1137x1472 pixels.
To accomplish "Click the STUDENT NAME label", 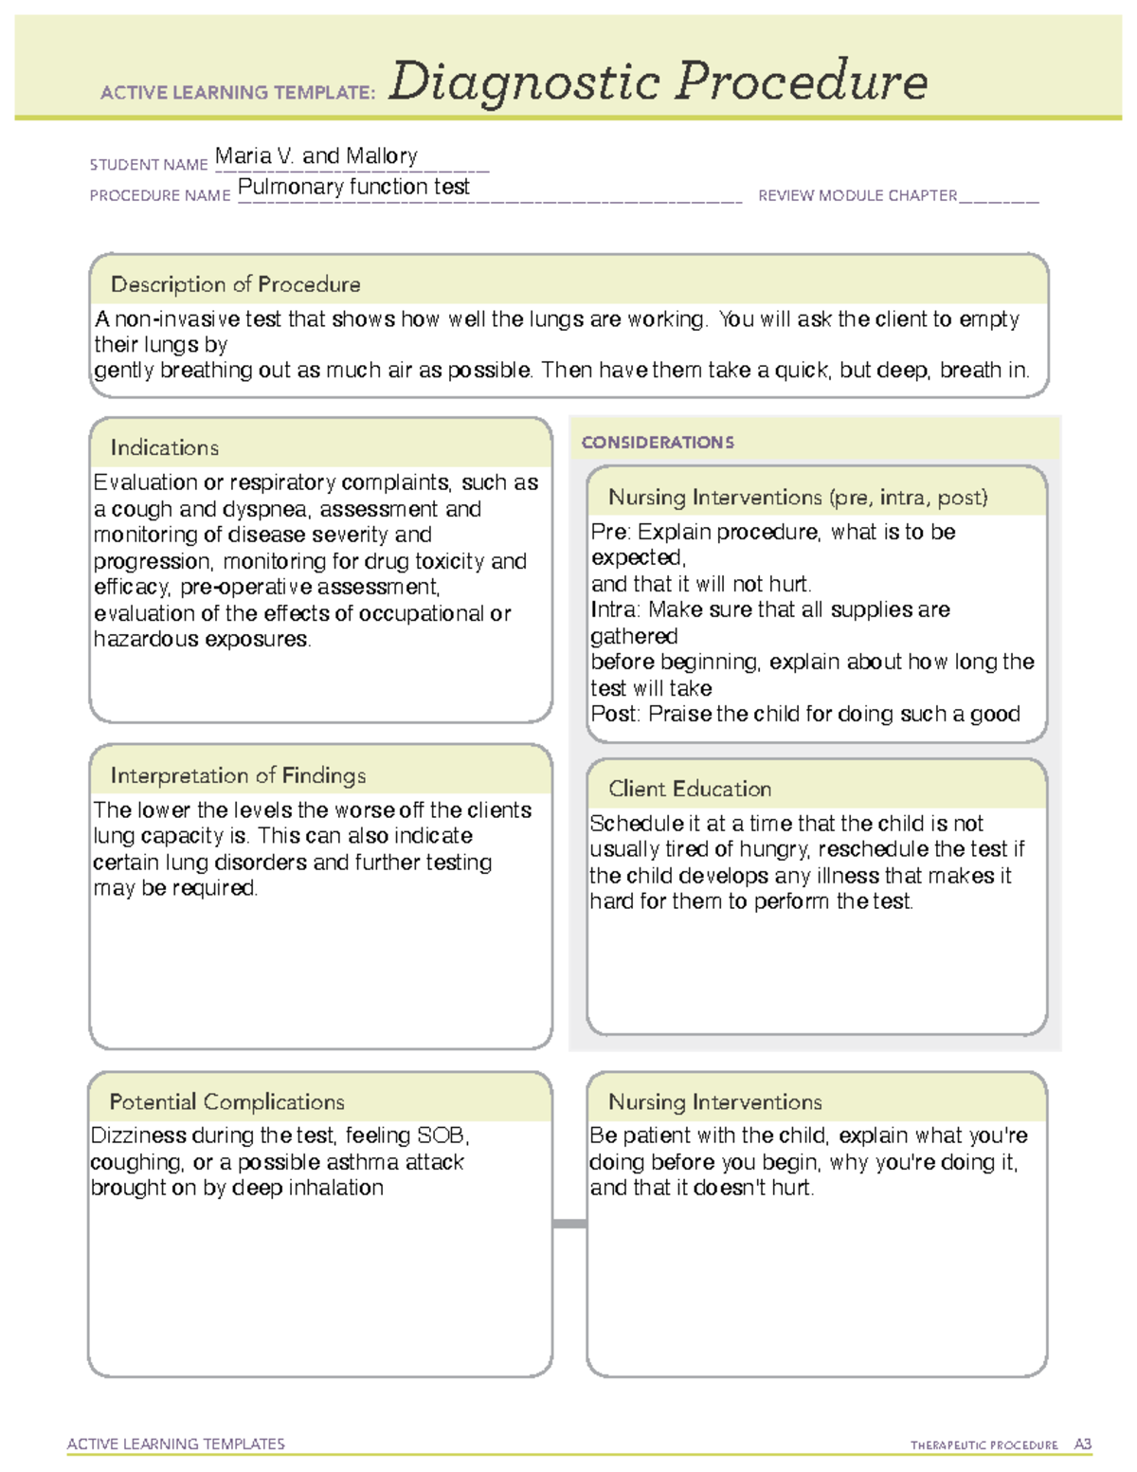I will tap(149, 165).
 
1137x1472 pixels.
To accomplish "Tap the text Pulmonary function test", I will tap(353, 187).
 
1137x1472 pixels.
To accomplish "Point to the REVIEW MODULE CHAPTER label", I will tap(857, 196).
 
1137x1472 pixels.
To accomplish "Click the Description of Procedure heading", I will tap(235, 284).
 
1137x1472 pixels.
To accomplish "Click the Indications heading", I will tap(164, 447).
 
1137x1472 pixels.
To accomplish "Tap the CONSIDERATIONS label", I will tap(658, 443).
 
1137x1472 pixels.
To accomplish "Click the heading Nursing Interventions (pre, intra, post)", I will tap(798, 498).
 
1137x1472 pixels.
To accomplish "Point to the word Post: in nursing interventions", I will tap(615, 714).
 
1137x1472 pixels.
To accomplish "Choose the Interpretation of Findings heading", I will tap(238, 775).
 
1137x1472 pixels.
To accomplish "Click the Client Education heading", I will tap(690, 789).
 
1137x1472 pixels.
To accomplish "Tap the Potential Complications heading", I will tap(226, 1101).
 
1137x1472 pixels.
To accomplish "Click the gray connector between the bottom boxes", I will tap(569, 1224).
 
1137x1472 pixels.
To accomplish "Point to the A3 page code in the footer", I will tap(1082, 1445).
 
